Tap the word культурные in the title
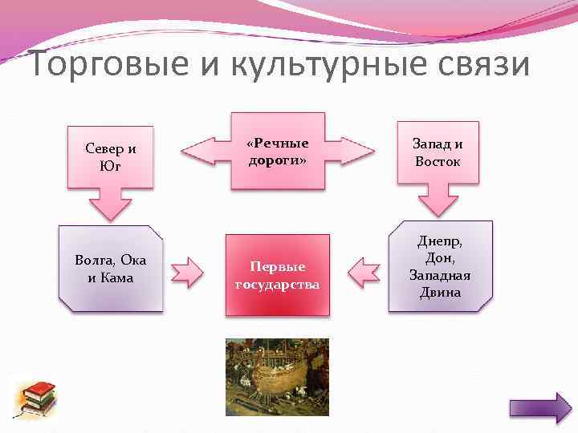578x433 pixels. [x=313, y=64]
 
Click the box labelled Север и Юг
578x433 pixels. [x=111, y=157]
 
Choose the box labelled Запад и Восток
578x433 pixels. [x=438, y=152]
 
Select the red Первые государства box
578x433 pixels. [x=277, y=274]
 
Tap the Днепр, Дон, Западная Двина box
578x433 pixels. [x=440, y=266]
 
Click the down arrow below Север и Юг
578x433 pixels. [x=110, y=204]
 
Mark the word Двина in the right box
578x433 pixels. [x=440, y=292]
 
